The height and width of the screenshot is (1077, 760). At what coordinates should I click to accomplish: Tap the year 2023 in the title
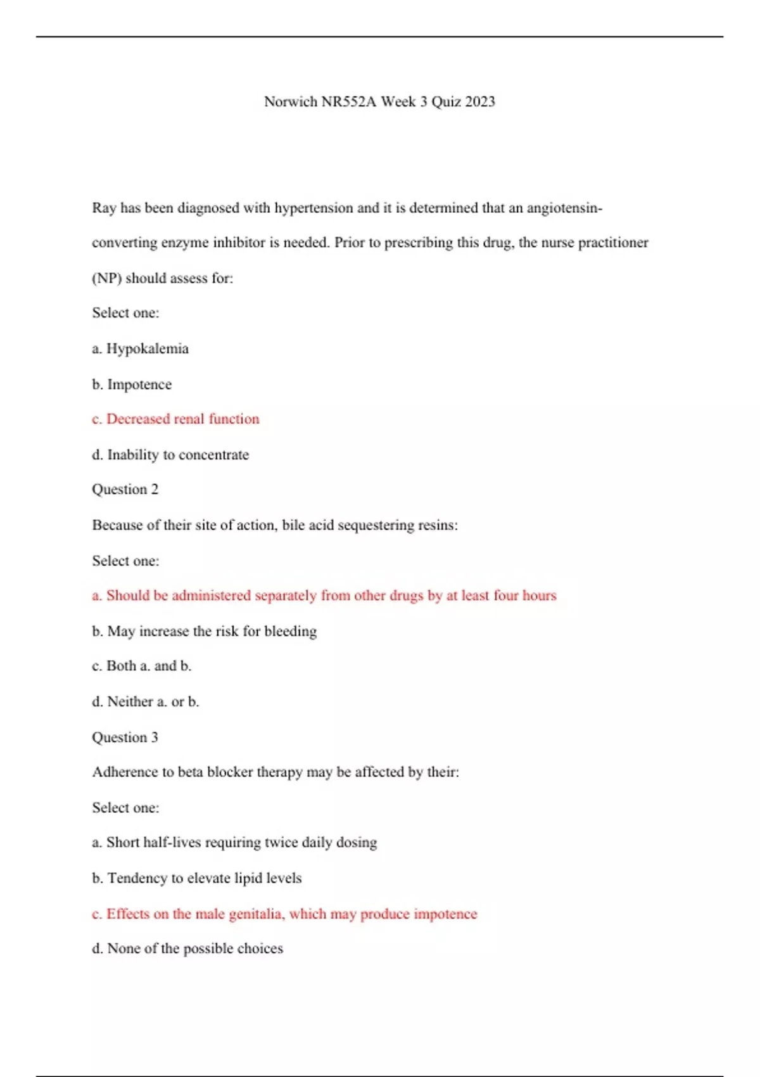pyautogui.click(x=479, y=101)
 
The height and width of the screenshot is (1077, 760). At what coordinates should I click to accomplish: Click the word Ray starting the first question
pyautogui.click(x=104, y=208)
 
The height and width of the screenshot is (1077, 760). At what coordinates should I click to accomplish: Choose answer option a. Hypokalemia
pyautogui.click(x=140, y=348)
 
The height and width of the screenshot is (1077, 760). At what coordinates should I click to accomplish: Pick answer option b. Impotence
pyautogui.click(x=132, y=384)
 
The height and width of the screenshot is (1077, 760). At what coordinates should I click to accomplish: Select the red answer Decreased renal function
pyautogui.click(x=175, y=419)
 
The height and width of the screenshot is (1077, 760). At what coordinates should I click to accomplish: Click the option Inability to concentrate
pyautogui.click(x=170, y=454)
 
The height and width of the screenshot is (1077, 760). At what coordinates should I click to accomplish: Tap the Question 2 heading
pyautogui.click(x=125, y=489)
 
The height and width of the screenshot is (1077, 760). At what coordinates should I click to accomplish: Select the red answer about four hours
pyautogui.click(x=324, y=596)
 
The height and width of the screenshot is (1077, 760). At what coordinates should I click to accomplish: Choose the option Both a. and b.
pyautogui.click(x=141, y=666)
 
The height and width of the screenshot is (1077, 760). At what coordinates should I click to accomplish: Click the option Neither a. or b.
pyautogui.click(x=145, y=701)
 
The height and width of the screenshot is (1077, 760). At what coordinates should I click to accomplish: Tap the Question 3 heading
pyautogui.click(x=125, y=737)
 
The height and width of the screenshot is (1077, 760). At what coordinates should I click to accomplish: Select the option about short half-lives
pyautogui.click(x=234, y=842)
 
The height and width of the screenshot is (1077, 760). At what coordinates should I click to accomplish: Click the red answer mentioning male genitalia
pyautogui.click(x=284, y=914)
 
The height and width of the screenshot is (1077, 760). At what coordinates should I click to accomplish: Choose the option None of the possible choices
pyautogui.click(x=187, y=948)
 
